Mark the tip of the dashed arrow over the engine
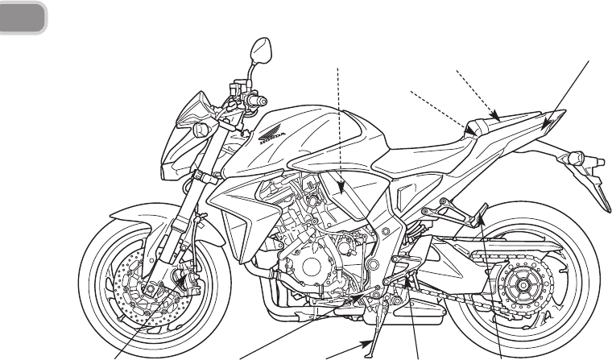[x=342, y=196]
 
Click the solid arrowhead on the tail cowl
[x=548, y=126]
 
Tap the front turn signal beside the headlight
[x=199, y=126]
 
